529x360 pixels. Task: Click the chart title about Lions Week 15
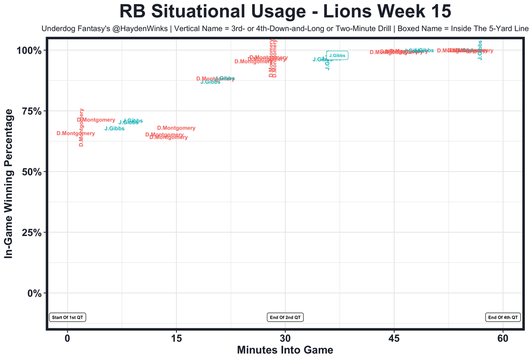click(x=285, y=12)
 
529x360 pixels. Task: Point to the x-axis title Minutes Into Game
click(x=285, y=350)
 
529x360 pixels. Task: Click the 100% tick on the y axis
click(x=29, y=51)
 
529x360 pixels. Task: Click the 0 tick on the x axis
click(x=67, y=338)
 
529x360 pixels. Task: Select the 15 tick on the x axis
click(x=176, y=338)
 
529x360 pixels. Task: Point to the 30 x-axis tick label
click(x=285, y=338)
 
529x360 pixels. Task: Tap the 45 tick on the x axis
click(x=394, y=338)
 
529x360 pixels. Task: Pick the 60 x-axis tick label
click(x=503, y=338)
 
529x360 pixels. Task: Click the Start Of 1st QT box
click(x=68, y=317)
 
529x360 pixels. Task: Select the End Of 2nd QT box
click(x=285, y=317)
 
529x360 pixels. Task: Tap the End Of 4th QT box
click(x=503, y=317)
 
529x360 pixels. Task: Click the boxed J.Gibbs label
click(x=337, y=55)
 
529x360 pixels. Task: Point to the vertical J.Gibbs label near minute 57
click(x=480, y=50)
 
